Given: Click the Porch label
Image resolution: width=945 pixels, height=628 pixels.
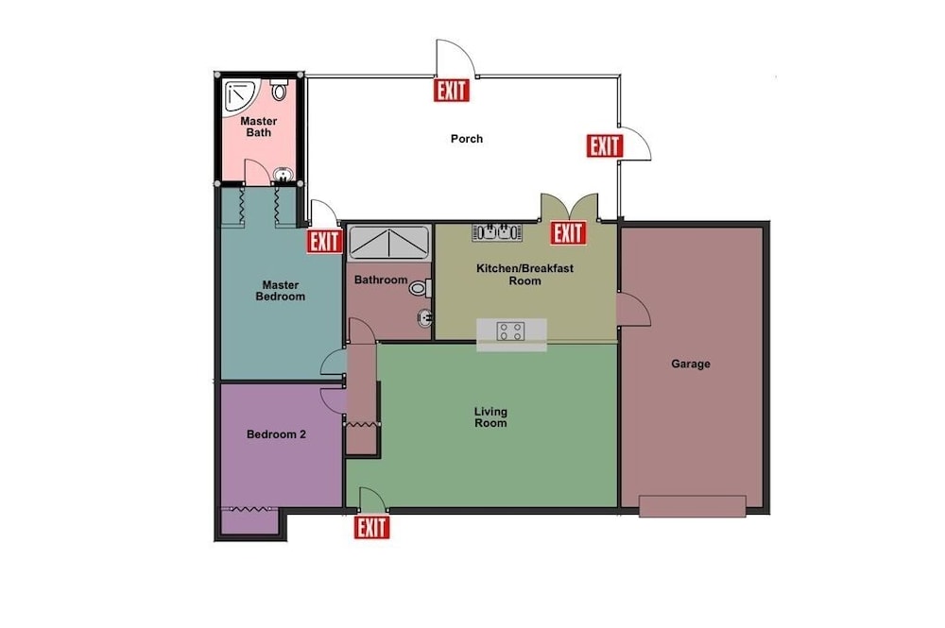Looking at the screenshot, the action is [467, 139].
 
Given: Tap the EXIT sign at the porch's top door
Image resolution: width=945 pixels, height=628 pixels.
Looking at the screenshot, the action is [452, 91].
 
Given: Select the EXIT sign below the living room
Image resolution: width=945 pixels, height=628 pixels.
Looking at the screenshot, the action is [371, 528].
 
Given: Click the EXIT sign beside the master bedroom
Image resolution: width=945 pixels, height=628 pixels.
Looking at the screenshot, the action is [325, 242].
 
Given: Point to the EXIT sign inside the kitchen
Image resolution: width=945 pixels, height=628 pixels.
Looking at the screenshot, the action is [568, 233].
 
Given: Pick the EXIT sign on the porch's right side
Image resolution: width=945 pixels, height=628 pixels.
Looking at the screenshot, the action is [605, 145].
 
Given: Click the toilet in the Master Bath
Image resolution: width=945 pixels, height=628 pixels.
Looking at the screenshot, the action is [279, 89].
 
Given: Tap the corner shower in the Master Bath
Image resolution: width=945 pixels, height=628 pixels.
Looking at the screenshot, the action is [240, 96].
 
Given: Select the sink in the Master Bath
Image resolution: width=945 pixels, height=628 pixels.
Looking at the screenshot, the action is [283, 175].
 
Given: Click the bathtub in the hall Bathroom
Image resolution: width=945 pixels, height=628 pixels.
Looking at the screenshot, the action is [389, 243].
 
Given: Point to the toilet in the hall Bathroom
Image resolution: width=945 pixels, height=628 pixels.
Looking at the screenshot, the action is [421, 288].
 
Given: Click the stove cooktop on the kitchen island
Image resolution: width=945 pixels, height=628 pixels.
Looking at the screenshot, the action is [510, 331].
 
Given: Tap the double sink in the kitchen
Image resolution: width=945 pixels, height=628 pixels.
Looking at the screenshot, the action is [497, 232].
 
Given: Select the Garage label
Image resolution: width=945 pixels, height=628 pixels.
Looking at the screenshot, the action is [691, 364].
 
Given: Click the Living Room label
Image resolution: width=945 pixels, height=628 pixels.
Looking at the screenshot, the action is [490, 417].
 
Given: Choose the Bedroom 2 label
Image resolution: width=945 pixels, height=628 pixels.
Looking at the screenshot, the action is [277, 434].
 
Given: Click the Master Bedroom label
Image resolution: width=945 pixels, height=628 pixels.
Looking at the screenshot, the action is [281, 291].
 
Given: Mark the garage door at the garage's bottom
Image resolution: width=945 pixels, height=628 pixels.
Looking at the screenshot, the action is [693, 506].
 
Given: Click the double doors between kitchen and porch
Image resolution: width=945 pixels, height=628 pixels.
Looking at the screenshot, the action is [570, 207].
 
